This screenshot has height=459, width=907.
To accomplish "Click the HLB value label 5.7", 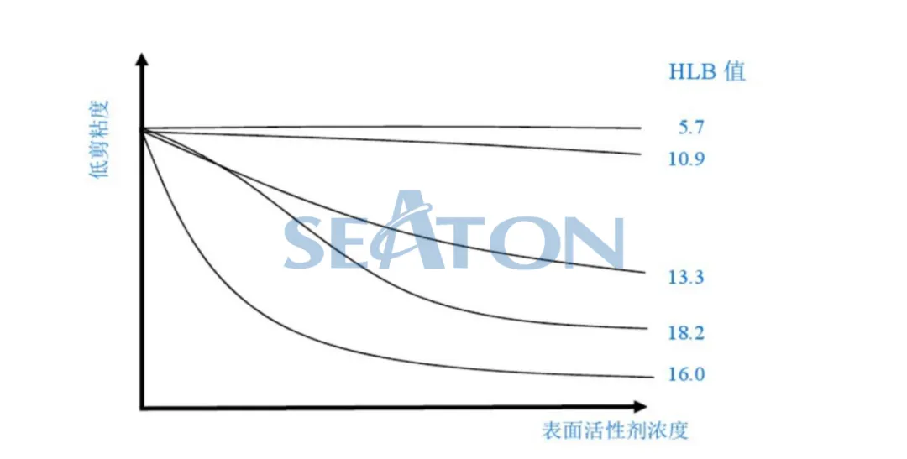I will [691, 128].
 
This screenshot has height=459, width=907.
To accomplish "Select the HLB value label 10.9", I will [685, 158].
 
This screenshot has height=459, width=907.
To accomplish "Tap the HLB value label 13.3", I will [685, 278].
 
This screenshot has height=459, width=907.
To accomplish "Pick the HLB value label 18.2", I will [686, 333].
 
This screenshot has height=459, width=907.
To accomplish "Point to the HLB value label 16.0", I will [686, 374].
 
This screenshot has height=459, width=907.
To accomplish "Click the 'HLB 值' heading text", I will [706, 71].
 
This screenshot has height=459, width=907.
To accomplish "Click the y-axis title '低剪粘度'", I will [99, 140].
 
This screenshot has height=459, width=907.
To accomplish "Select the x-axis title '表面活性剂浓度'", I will [615, 431].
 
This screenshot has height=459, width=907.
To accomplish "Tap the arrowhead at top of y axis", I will [143, 60].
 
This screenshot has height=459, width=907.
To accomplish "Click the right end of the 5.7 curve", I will [641, 128].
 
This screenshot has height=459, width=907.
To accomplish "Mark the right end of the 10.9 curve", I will [641, 154].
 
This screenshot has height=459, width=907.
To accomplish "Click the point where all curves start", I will [144, 129].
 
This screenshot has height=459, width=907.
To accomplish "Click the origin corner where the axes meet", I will [143, 408].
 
